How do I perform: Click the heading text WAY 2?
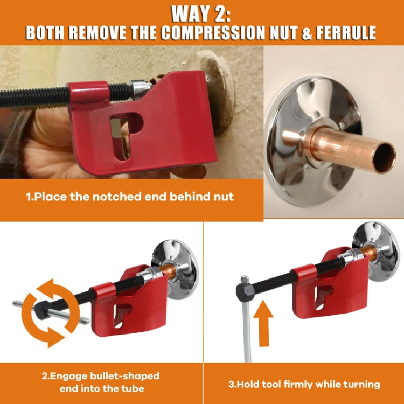click(202, 12)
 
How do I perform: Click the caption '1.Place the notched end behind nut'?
click(130, 197)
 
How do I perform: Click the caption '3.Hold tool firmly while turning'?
click(303, 384)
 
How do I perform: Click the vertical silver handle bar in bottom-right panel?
click(248, 334)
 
